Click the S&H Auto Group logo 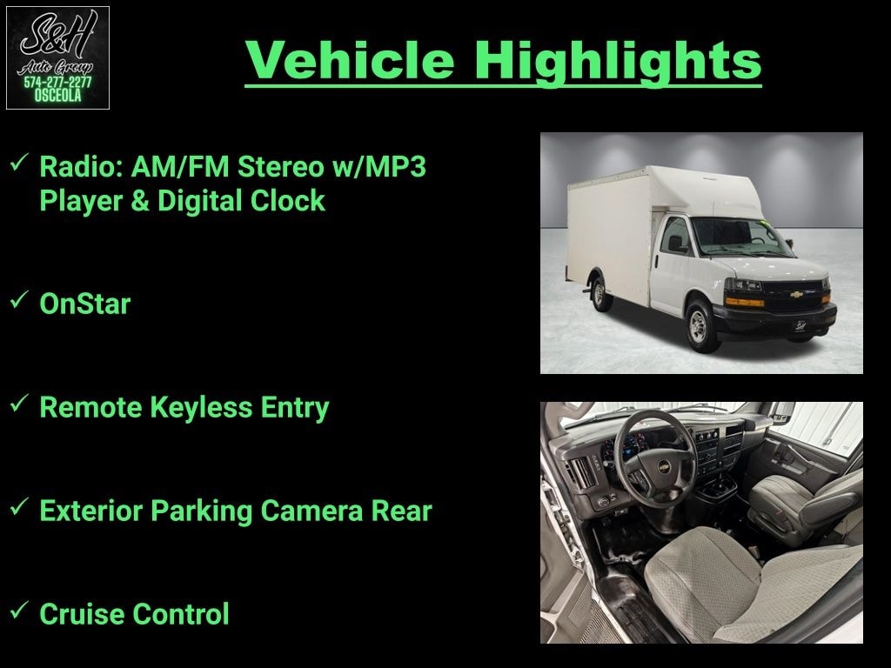pyautogui.click(x=57, y=57)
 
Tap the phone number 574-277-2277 pyautogui.click(x=57, y=83)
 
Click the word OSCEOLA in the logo pyautogui.click(x=57, y=96)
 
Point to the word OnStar pyautogui.click(x=85, y=304)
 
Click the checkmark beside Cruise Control pyautogui.click(x=19, y=611)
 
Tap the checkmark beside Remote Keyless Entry pyautogui.click(x=19, y=404)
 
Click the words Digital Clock pyautogui.click(x=241, y=201)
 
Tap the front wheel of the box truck pyautogui.click(x=699, y=326)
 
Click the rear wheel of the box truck pyautogui.click(x=600, y=293)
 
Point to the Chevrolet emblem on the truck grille pyautogui.click(x=796, y=294)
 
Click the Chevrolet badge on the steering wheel pyautogui.click(x=662, y=466)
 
